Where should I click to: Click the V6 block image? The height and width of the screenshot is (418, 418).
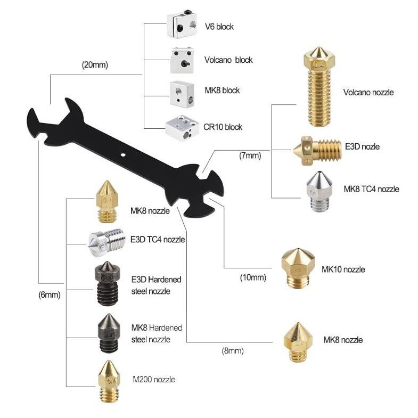[x=182, y=24]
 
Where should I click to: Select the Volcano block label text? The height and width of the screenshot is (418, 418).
[x=228, y=60]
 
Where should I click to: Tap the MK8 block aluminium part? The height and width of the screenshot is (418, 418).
[x=182, y=93]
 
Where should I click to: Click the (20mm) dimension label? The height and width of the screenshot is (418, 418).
[x=95, y=65]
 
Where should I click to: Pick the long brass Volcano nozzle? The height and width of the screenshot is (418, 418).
[x=319, y=86]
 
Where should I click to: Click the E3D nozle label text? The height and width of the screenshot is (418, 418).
[x=362, y=146]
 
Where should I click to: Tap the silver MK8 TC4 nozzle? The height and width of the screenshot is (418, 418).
[x=319, y=191]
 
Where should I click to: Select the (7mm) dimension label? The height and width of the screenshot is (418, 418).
[x=250, y=155]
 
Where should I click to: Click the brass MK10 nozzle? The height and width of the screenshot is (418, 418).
[x=298, y=268]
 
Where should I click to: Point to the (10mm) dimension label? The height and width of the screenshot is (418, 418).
[x=253, y=277]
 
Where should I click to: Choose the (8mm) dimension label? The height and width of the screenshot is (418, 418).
[x=233, y=350]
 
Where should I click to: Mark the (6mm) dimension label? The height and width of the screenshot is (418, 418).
[x=50, y=294]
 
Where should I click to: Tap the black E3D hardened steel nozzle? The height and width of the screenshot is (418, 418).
[x=106, y=283]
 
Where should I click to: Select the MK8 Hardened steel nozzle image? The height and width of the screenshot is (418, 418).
[x=109, y=333]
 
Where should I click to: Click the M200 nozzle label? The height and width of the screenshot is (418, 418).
[x=154, y=379]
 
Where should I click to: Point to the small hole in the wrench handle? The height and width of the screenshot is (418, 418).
[x=122, y=154]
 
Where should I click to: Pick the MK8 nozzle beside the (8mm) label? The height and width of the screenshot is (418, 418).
[x=298, y=342]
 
